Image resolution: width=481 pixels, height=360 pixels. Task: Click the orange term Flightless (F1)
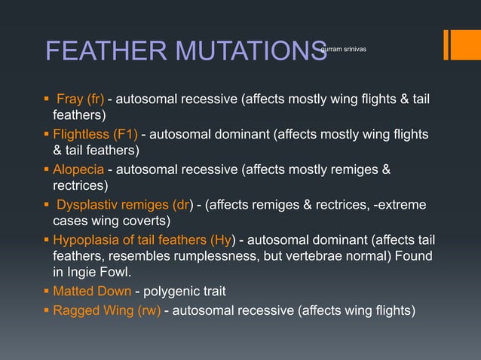pos(95,134)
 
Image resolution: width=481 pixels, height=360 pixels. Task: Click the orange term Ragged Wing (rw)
pos(106,309)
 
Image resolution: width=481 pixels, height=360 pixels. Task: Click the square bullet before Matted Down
pos(47,291)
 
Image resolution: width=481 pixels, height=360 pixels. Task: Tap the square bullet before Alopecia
pos(47,169)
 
